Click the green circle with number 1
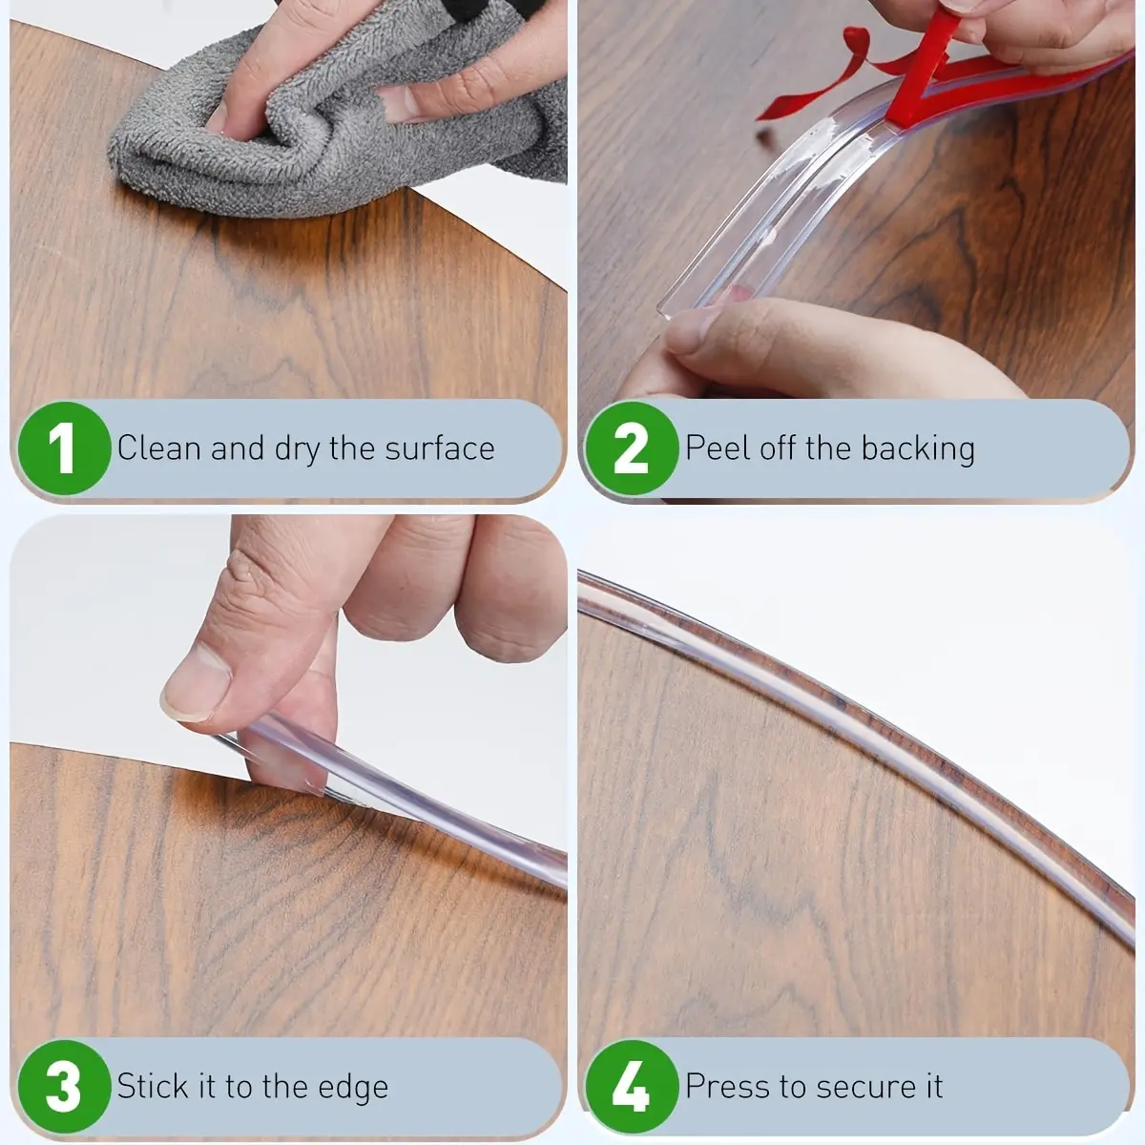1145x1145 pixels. [x=64, y=448]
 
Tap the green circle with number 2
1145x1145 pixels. [x=632, y=448]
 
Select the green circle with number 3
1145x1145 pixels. [x=64, y=1086]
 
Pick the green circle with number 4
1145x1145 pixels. [x=632, y=1086]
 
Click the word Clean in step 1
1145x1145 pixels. [x=158, y=448]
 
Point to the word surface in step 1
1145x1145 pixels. [x=439, y=448]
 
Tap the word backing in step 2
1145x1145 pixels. [x=917, y=449]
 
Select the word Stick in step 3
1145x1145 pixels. [x=154, y=1086]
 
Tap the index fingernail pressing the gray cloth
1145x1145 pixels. [x=217, y=119]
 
